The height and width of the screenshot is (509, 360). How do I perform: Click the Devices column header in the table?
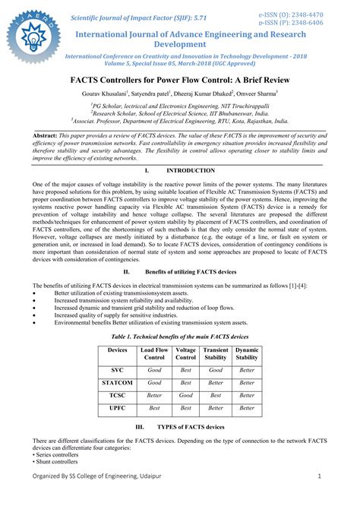[x=118, y=350]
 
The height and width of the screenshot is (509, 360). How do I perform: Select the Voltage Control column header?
[x=185, y=354]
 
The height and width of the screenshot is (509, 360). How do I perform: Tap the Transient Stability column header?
[x=216, y=354]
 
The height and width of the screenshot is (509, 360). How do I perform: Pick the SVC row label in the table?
[x=118, y=369]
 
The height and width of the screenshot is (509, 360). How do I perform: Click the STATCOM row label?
[x=118, y=383]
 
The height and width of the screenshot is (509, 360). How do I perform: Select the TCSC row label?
[x=118, y=395]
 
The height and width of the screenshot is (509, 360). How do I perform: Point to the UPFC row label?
[x=118, y=408]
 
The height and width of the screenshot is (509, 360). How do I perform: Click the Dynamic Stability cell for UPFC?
[x=247, y=408]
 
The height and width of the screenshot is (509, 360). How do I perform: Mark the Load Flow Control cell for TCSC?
[x=154, y=395]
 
